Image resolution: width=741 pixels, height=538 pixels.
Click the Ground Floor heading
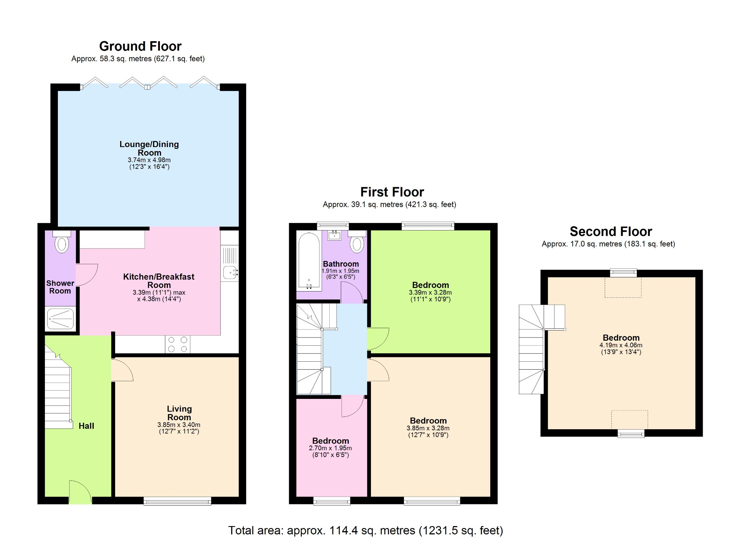coord(140,46)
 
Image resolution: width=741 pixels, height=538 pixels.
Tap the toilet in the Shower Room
coord(62,243)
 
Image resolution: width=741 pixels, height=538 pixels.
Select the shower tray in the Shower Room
coord(60,319)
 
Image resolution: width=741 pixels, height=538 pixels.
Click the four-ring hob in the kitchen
coord(177,344)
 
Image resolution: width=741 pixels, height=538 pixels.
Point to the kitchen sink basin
coord(229,272)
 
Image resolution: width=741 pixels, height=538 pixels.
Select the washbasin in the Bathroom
coord(334,235)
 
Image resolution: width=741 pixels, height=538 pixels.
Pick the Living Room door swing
coord(122,370)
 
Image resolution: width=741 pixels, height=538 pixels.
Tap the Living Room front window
coord(177,501)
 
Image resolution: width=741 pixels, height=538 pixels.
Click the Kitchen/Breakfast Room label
coord(158,281)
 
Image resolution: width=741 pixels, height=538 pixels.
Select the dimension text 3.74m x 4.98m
coord(149,160)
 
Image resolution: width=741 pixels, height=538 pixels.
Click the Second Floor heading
coord(611,231)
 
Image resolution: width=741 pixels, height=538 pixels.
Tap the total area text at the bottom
coord(365,530)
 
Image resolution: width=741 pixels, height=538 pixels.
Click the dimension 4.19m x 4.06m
coord(621,345)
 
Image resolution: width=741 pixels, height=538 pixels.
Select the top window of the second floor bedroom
coord(623,273)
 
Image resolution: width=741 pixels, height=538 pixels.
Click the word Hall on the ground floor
coord(86,426)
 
